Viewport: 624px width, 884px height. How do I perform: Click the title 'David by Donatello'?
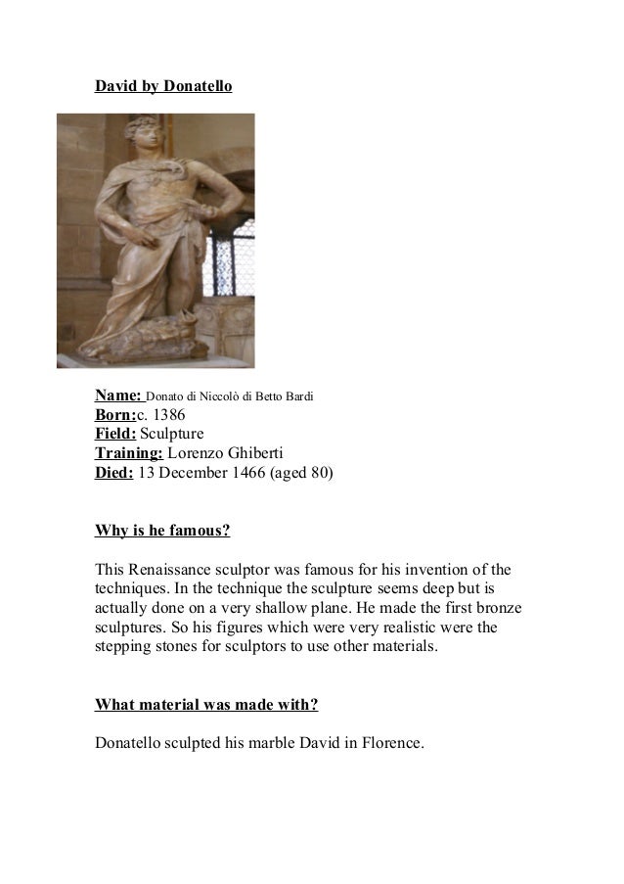(162, 87)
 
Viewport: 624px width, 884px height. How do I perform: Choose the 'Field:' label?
(115, 434)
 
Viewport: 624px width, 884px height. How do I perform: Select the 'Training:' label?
(128, 453)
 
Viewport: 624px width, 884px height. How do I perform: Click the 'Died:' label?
(113, 473)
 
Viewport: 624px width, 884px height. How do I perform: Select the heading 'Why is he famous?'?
(162, 532)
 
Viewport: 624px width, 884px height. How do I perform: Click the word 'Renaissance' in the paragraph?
(169, 571)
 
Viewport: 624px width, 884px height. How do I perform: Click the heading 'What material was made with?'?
(205, 704)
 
